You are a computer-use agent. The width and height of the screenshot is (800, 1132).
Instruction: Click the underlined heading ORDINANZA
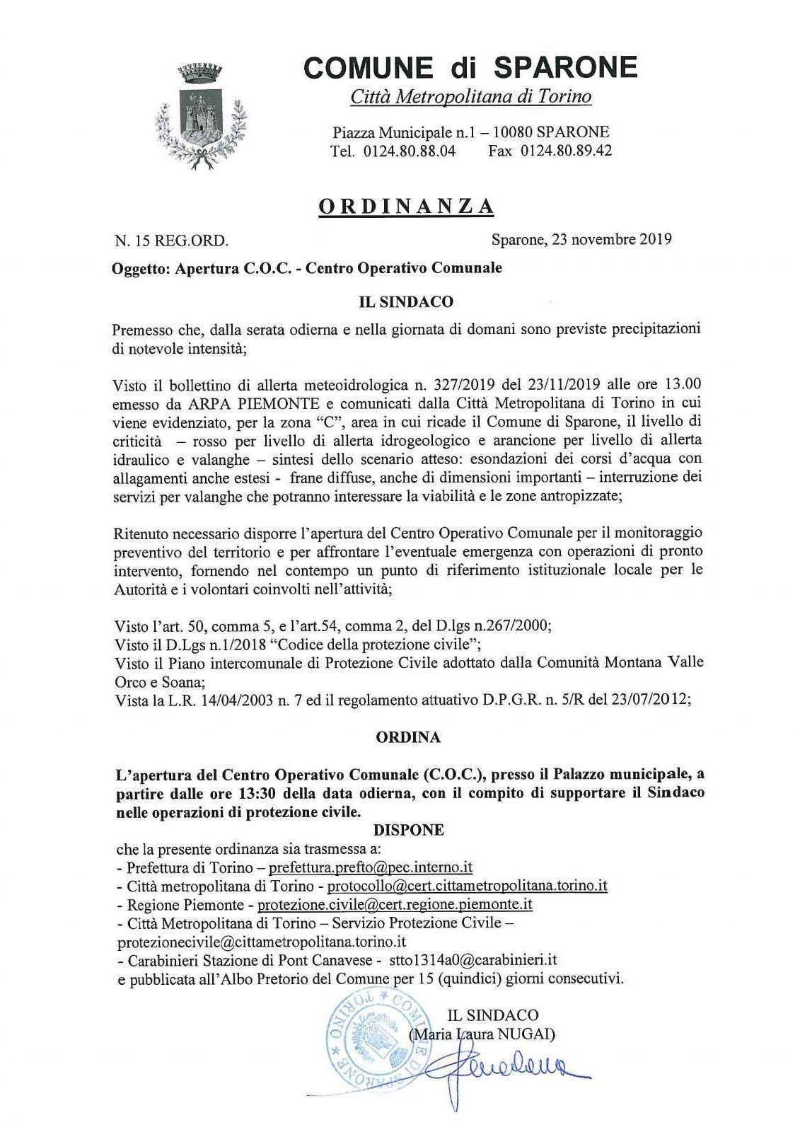406,205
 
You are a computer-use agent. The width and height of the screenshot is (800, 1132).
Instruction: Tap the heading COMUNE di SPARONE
470,67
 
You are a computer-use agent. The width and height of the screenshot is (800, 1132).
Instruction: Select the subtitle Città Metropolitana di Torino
471,96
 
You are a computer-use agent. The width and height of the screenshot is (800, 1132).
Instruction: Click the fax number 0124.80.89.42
567,151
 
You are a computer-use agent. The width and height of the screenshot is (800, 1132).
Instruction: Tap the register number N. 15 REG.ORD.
171,241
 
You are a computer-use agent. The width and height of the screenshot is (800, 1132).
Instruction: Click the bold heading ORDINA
408,737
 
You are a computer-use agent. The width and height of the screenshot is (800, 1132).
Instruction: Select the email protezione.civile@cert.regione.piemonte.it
395,903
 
